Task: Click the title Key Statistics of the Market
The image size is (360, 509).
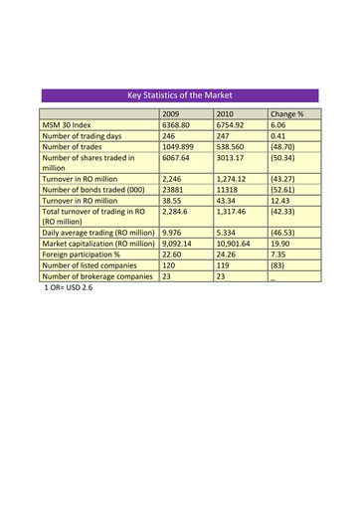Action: pyautogui.click(x=179, y=95)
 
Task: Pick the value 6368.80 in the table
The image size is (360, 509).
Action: pyautogui.click(x=175, y=126)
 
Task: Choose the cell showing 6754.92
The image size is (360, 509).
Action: pyautogui.click(x=231, y=126)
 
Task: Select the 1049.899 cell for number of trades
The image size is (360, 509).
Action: pyautogui.click(x=178, y=147)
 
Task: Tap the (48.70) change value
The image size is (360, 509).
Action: pyautogui.click(x=285, y=147)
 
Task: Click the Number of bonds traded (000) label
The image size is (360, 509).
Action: pyautogui.click(x=93, y=190)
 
